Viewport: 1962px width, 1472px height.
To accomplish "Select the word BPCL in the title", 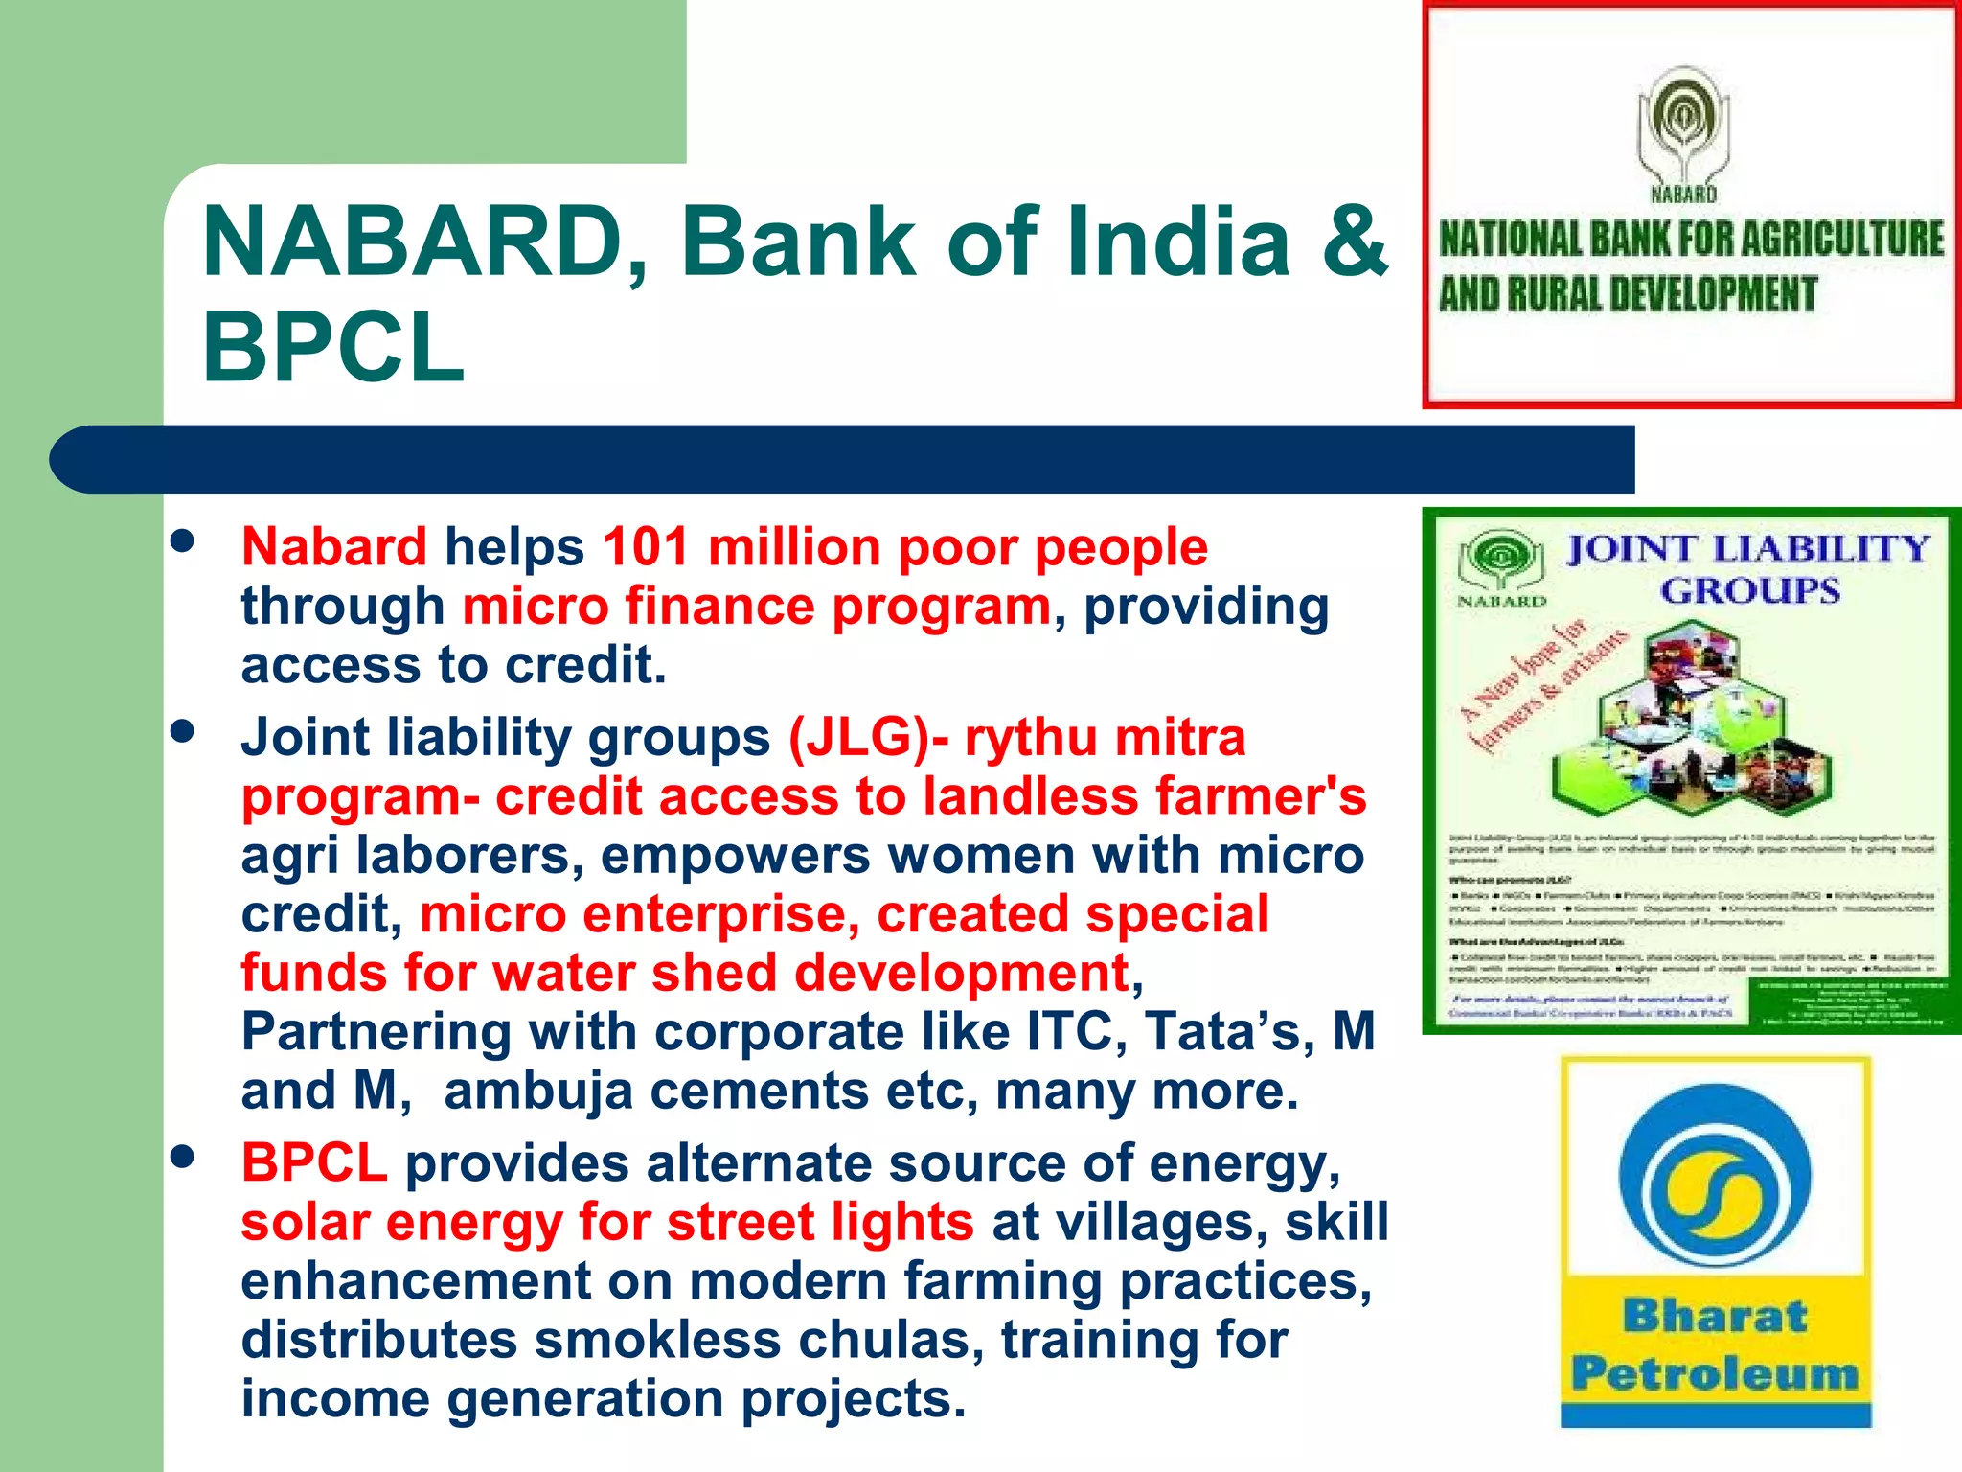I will (x=333, y=348).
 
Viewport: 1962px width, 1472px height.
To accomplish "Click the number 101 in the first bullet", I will (x=646, y=547).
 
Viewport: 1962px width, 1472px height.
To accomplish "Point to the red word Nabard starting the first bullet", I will (x=333, y=547).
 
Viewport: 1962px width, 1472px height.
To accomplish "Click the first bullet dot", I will (x=181, y=541).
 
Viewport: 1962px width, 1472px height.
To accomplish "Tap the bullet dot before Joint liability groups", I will (x=181, y=733).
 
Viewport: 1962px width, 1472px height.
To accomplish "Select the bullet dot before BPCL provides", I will (x=181, y=1158).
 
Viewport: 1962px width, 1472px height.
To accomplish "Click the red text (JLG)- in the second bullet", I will (x=868, y=738).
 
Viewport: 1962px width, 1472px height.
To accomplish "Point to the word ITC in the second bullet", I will (x=1069, y=1032).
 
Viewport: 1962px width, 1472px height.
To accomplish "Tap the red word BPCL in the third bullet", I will (x=314, y=1163).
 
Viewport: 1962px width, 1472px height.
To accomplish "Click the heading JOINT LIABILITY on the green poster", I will (x=1747, y=549).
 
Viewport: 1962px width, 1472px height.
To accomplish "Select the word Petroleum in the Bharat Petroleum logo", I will (x=1715, y=1373).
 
